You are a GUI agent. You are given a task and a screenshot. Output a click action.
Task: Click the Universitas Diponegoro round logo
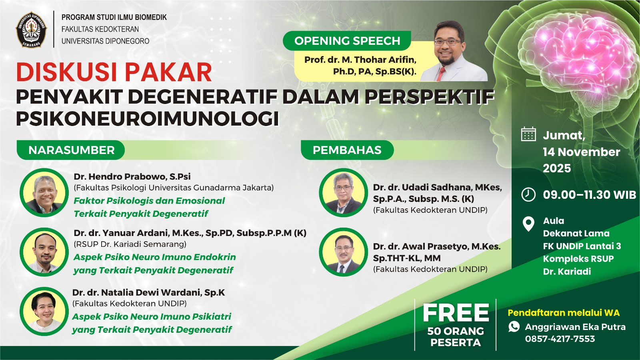pos(31,30)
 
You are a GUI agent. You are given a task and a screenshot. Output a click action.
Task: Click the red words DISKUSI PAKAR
pos(114,72)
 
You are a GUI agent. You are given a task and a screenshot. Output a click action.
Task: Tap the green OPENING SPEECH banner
pos(347,40)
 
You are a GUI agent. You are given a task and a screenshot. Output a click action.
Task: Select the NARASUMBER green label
pos(71,150)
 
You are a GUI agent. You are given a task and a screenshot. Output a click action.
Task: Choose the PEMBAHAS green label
pos(347,150)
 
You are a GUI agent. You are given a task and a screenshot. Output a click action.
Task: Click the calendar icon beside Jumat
pos(528,134)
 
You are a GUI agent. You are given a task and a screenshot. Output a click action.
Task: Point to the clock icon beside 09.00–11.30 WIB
pos(528,194)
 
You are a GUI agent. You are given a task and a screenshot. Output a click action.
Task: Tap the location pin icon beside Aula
pos(528,224)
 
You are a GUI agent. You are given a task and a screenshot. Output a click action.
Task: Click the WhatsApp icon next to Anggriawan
pos(514,326)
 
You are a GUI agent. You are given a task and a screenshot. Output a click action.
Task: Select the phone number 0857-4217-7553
pos(560,339)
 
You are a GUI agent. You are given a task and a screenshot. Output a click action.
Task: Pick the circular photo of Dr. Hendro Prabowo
pos(44,193)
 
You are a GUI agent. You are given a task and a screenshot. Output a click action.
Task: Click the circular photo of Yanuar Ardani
pos(44,252)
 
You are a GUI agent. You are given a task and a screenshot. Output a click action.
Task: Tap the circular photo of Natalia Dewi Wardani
pos(44,312)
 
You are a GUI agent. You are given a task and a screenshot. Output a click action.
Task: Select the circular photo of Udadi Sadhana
pos(344,193)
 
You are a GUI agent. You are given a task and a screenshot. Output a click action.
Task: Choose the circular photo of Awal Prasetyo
pos(344,252)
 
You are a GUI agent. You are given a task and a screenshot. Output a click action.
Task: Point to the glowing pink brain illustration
pos(583,54)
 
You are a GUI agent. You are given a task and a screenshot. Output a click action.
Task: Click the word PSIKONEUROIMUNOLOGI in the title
pos(148,118)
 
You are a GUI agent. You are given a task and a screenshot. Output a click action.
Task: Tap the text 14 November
pos(582,152)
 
